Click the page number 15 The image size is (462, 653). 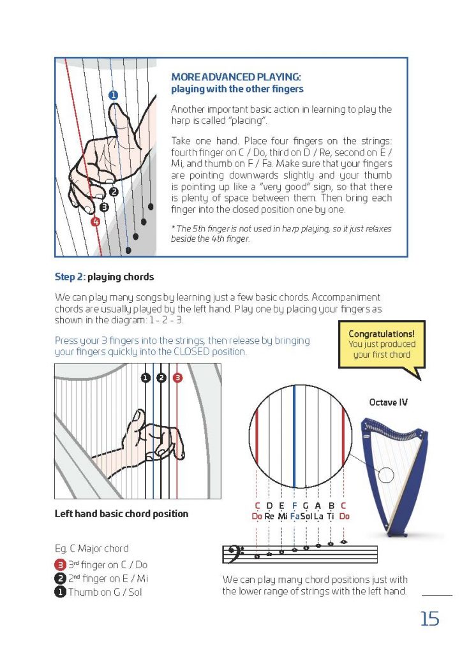429,618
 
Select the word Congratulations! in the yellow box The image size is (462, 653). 381,334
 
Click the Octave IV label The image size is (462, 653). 388,402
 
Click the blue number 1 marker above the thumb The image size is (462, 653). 114,95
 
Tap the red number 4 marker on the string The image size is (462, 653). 95,222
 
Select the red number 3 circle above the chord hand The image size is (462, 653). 177,378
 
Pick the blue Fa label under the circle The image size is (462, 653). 294,515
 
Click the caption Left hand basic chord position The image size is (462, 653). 121,513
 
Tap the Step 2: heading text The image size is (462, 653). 70,277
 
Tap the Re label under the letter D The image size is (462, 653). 269,515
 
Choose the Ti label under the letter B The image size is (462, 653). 331,515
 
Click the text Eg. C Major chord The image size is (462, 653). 91,548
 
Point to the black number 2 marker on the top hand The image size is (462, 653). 114,191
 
